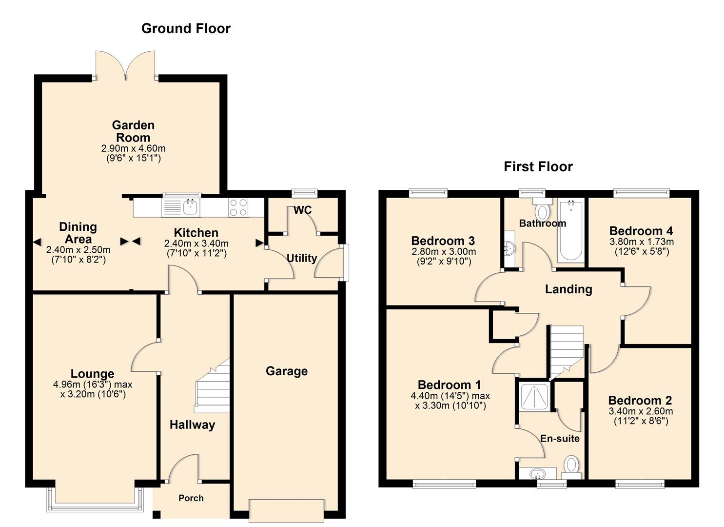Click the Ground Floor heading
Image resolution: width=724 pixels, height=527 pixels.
(186, 29)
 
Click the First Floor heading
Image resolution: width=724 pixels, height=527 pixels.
(538, 167)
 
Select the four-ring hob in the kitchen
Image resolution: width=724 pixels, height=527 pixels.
(238, 207)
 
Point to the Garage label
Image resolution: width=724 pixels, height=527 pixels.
(287, 371)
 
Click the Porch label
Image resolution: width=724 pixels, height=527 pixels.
(191, 498)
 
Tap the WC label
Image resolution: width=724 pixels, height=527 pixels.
(302, 210)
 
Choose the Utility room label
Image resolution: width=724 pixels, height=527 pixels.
(301, 258)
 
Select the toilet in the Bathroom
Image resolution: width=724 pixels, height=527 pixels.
(542, 210)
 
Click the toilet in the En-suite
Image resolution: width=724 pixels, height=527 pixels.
(571, 466)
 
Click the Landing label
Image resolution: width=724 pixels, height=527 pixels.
(568, 289)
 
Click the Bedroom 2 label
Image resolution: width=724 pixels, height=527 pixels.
(640, 401)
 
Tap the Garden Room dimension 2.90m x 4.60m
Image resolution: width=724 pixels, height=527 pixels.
(133, 148)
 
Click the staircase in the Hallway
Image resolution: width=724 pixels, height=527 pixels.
(214, 385)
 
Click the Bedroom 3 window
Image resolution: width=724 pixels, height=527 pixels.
(428, 193)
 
